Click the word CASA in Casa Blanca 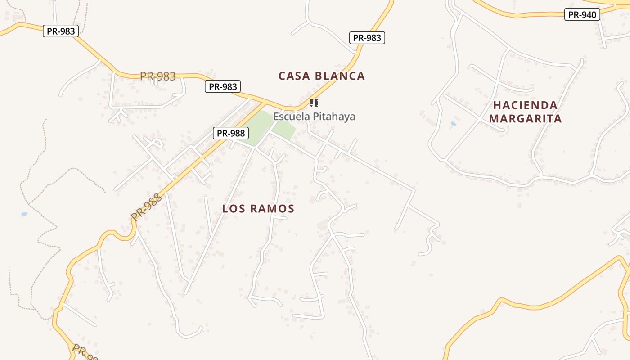tap(295, 76)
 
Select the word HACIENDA tap(525, 105)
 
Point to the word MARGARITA tap(525, 118)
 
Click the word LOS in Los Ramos tap(234, 209)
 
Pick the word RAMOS tap(272, 209)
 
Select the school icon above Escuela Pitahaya tap(314, 103)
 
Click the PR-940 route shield tap(582, 15)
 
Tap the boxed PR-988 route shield tap(231, 133)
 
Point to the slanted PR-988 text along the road tap(146, 207)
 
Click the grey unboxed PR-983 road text tap(157, 76)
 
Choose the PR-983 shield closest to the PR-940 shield tap(367, 38)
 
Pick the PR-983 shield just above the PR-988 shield tap(223, 86)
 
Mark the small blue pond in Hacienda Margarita tap(453, 123)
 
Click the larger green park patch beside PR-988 tap(256, 127)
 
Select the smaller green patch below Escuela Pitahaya tap(283, 130)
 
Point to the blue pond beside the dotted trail tap(24, 214)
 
